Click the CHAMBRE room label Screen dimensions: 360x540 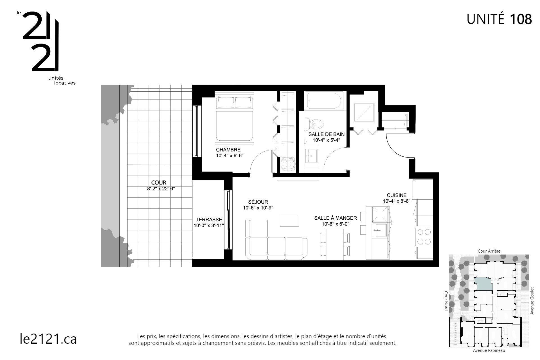click(228, 150)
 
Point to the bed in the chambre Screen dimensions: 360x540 click(235, 118)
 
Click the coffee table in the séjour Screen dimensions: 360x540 click(289, 220)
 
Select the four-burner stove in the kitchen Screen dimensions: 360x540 click(424, 237)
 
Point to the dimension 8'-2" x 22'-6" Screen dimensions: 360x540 click(161, 189)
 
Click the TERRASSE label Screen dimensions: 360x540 click(209, 220)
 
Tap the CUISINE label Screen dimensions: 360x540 click(397, 195)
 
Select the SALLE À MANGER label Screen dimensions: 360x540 click(335, 218)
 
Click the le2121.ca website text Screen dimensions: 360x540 click(48, 339)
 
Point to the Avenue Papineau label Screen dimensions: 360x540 click(489, 350)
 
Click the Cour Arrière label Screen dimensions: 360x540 click(489, 251)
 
